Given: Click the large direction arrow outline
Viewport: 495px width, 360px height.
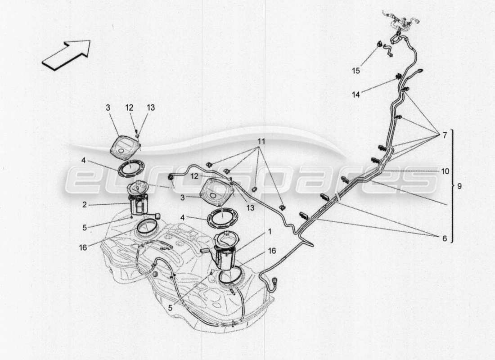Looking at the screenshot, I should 66,55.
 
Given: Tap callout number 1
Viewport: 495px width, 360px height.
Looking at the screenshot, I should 269,232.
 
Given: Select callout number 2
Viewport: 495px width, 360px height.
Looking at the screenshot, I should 84,205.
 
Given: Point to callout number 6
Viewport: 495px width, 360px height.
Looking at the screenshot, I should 445,239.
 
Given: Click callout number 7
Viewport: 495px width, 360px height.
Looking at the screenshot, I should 445,135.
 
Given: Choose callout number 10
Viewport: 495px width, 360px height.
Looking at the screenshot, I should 445,171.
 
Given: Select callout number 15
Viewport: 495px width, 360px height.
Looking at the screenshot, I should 356,71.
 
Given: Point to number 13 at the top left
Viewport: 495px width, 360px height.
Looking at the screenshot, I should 151,108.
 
